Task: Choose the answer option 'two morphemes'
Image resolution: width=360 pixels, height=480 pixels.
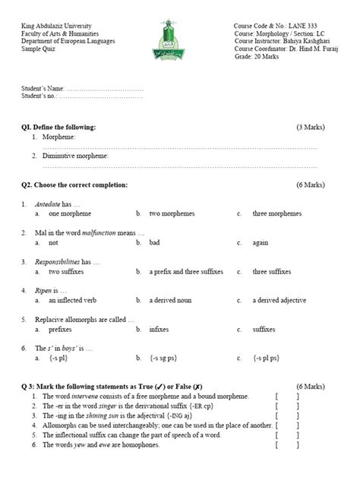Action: coord(171,214)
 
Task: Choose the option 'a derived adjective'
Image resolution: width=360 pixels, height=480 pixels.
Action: coord(279,299)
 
